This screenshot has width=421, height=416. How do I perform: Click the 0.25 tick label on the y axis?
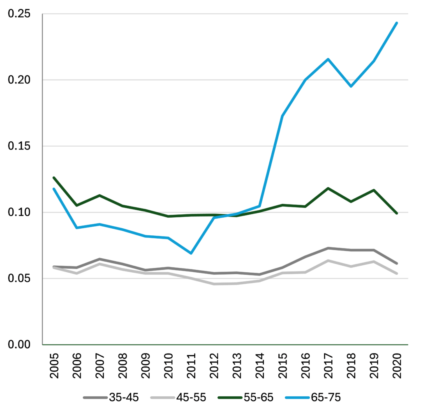coord(19,14)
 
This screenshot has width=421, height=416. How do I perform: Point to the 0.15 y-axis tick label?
coord(19,146)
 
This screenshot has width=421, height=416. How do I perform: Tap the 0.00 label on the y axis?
coord(19,345)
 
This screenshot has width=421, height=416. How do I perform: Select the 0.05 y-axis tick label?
coord(19,278)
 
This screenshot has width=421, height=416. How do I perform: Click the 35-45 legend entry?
coord(111,397)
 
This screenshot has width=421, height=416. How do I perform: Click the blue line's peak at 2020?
coord(396,23)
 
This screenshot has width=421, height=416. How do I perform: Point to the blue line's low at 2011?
coord(191,253)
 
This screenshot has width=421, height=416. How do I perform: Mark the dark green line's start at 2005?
coord(54,178)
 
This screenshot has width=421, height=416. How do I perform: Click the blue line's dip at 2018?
coord(351,86)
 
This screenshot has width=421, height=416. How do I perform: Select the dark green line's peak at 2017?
coord(328,188)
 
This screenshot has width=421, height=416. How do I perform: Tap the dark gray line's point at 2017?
coord(328,248)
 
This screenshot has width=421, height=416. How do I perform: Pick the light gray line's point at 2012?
coord(214,284)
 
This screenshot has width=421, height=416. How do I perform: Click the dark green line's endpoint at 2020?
coord(396,213)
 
